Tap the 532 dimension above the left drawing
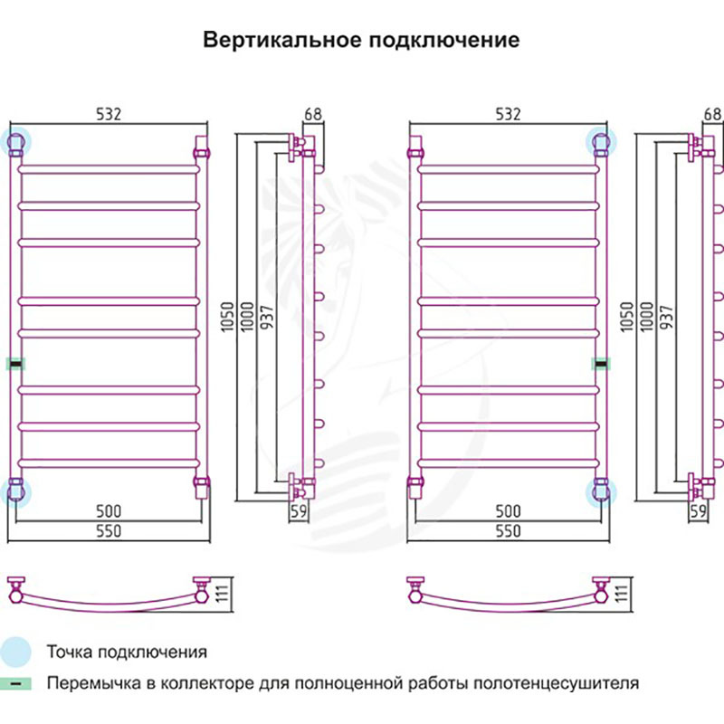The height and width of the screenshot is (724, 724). [x=108, y=114]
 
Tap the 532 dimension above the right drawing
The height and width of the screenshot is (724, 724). [x=508, y=114]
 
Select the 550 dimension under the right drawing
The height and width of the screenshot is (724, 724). [x=508, y=531]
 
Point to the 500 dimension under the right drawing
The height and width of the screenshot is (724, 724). [x=508, y=512]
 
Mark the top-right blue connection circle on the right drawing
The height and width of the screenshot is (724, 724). [x=600, y=141]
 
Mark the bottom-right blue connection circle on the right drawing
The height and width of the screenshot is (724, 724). [x=600, y=492]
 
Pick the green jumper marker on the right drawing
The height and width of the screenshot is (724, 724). [x=600, y=364]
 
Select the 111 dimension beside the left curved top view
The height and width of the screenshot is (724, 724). [x=218, y=595]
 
